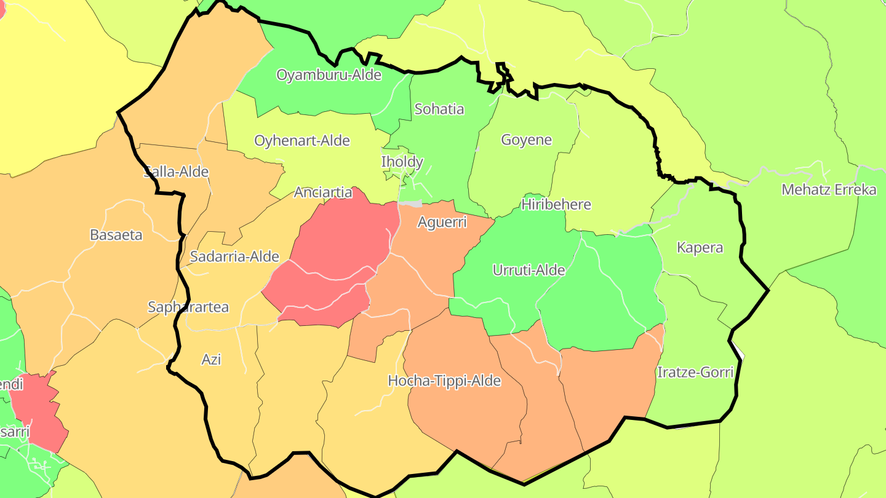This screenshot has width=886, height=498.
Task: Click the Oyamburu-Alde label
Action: pyautogui.click(x=329, y=75)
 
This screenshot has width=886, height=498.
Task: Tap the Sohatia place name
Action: pyautogui.click(x=439, y=109)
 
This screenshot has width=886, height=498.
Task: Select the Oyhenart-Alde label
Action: pyautogui.click(x=302, y=140)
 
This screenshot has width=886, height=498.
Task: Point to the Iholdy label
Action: pyautogui.click(x=402, y=162)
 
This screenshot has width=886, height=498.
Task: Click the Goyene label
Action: pyautogui.click(x=526, y=140)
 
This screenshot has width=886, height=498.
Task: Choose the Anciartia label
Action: pyautogui.click(x=323, y=192)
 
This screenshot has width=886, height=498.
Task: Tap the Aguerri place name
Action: pyautogui.click(x=442, y=222)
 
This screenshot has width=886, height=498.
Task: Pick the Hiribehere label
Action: pyautogui.click(x=556, y=204)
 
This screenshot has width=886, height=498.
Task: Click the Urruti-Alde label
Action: pyautogui.click(x=529, y=269)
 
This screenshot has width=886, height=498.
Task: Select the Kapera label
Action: pyautogui.click(x=700, y=248)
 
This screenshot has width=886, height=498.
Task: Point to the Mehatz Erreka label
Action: pyautogui.click(x=828, y=189)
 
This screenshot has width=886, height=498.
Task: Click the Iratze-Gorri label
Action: pyautogui.click(x=695, y=372)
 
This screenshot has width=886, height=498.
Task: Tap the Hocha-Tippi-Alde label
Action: pyautogui.click(x=444, y=381)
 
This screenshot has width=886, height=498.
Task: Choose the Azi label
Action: pyautogui.click(x=211, y=359)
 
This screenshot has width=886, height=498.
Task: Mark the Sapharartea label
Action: pyautogui.click(x=188, y=307)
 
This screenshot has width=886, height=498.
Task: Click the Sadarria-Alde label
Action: pyautogui.click(x=234, y=256)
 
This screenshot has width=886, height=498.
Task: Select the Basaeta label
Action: pyautogui.click(x=116, y=234)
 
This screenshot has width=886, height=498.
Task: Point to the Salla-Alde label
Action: pyautogui.click(x=177, y=172)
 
